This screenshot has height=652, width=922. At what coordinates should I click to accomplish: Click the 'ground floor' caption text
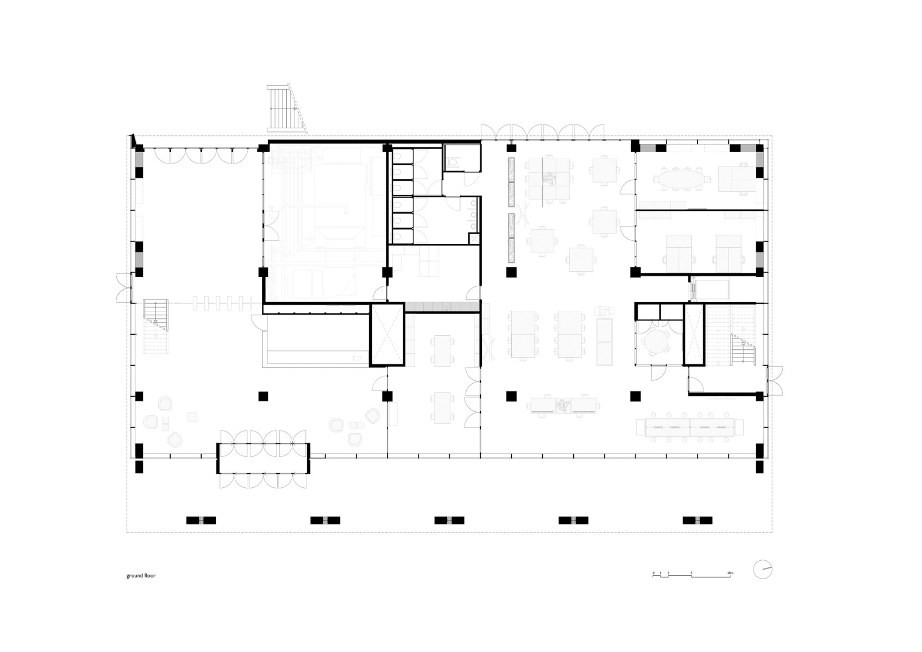(x=141, y=575)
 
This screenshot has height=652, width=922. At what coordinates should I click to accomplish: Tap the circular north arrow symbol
(x=762, y=569)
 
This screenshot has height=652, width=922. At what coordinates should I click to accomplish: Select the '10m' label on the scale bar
(x=730, y=573)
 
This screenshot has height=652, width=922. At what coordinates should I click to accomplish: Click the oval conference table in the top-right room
(x=680, y=178)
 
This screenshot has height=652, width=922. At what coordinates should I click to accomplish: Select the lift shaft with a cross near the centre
(x=387, y=335)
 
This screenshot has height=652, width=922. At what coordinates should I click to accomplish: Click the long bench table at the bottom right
(x=689, y=428)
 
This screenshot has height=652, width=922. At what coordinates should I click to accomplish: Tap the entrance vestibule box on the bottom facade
(x=263, y=459)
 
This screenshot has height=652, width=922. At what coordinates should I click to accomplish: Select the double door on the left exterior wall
(x=123, y=287)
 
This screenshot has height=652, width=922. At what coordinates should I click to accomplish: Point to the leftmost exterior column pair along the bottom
(x=201, y=520)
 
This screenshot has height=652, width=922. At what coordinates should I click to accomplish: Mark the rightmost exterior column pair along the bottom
(x=697, y=520)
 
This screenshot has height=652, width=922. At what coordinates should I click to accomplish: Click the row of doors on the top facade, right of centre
(x=542, y=132)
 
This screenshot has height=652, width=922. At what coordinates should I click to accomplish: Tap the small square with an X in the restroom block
(x=474, y=239)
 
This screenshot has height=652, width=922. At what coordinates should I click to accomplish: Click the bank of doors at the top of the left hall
(x=202, y=156)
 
